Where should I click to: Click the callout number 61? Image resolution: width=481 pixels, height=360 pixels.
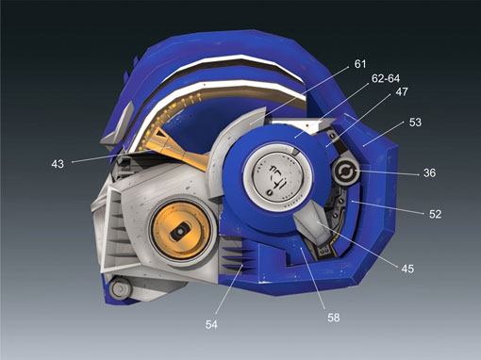360,64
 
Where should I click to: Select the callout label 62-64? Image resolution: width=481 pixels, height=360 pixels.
386,78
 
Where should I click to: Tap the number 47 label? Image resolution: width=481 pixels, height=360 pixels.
402,91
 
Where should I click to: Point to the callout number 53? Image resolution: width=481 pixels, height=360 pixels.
415,123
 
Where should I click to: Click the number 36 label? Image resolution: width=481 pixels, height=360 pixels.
429,172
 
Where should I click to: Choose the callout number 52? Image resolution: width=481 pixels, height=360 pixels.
435,214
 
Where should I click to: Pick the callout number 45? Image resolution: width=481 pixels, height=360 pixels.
407,269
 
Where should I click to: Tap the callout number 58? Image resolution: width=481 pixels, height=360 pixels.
334,318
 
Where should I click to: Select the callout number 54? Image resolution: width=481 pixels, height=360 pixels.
211,324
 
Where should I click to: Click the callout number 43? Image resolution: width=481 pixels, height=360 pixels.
58,164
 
